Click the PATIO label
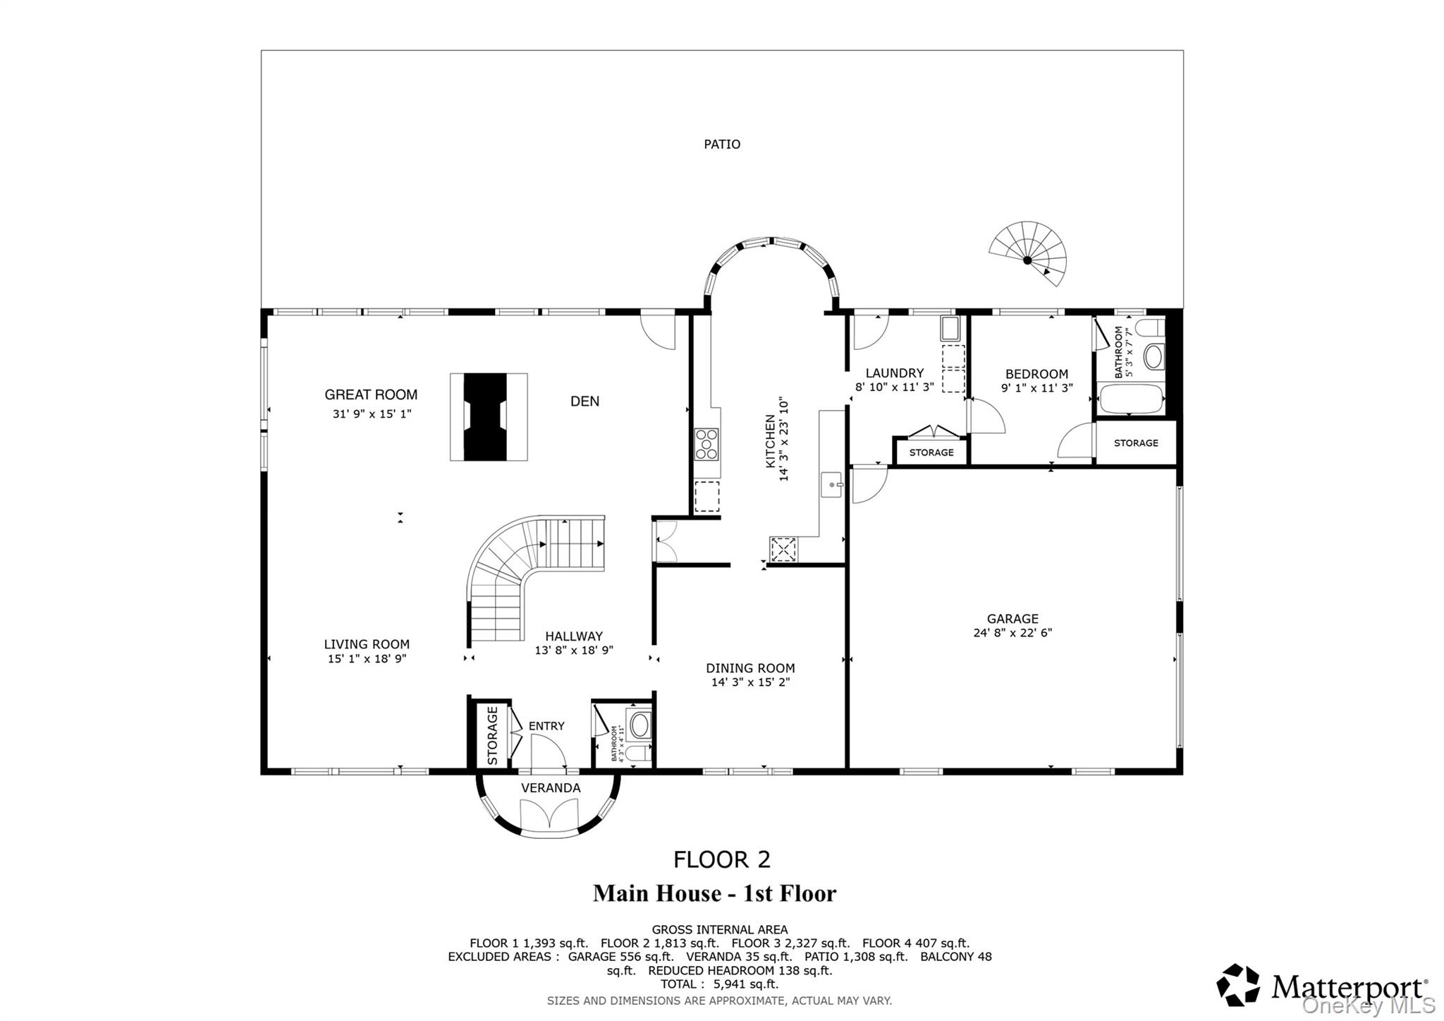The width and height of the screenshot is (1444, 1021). pos(722,145)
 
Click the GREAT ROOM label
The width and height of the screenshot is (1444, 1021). pos(371,395)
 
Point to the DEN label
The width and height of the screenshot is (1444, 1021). pos(585,401)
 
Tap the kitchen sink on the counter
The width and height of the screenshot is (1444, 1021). pos(832,485)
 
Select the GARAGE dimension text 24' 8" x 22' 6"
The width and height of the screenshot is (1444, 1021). pos(1012,633)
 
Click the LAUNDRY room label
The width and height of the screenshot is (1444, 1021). pos(894,373)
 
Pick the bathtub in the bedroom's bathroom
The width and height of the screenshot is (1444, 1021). pos(1130,399)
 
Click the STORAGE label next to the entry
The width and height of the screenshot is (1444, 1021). pos(492,735)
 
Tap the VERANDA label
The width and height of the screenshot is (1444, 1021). pos(551,788)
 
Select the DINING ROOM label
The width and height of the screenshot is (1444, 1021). pos(750,668)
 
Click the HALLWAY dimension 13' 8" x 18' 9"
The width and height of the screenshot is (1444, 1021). pos(574,651)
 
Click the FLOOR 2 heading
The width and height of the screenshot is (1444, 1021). pos(722,859)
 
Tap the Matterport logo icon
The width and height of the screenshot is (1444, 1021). pos(1238,985)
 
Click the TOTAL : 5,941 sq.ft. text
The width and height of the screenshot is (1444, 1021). pos(719,984)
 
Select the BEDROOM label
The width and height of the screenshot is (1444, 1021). pos(1036,374)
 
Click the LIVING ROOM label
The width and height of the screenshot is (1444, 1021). pos(367,644)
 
